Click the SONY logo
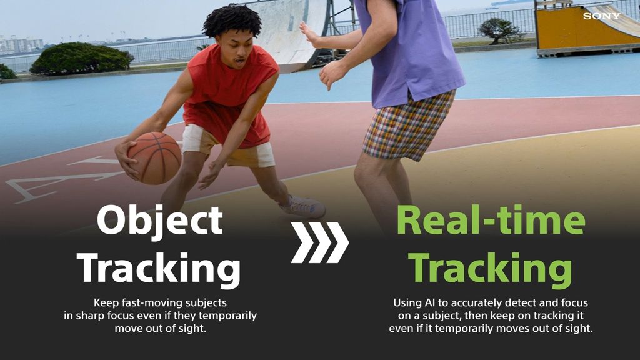click(602, 16)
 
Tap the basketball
click(154, 157)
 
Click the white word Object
click(160, 221)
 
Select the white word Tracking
click(159, 268)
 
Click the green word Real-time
click(491, 220)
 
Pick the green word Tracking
click(490, 268)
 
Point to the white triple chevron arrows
click(319, 242)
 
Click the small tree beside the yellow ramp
click(501, 30)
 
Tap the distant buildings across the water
click(22, 44)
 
